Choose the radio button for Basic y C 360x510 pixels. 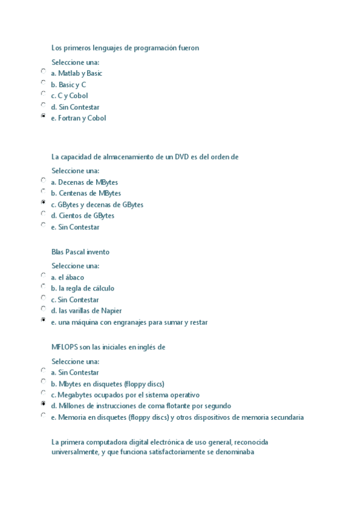(43, 82)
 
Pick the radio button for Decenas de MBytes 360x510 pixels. (43, 180)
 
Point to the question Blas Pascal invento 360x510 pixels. (81, 252)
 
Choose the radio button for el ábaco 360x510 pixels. (43, 275)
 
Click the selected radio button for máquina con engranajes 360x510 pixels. (43, 320)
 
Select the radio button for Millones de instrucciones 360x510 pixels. (43, 404)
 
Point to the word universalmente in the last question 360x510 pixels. (75, 452)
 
